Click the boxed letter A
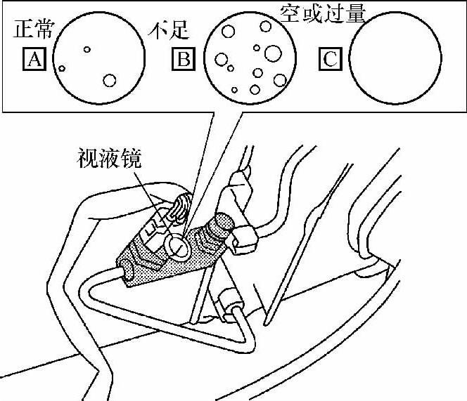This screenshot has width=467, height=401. pos(34,60)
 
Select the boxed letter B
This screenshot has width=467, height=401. pos(182,60)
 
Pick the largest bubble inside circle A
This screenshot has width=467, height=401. pos(108,80)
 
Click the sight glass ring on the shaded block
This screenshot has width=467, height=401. pos(178,245)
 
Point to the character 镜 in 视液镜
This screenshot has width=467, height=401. pos(131,160)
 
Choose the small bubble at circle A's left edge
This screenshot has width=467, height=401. pos(62,69)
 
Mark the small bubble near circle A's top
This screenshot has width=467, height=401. pos(87,49)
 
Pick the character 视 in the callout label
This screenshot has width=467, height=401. pos(87,160)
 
